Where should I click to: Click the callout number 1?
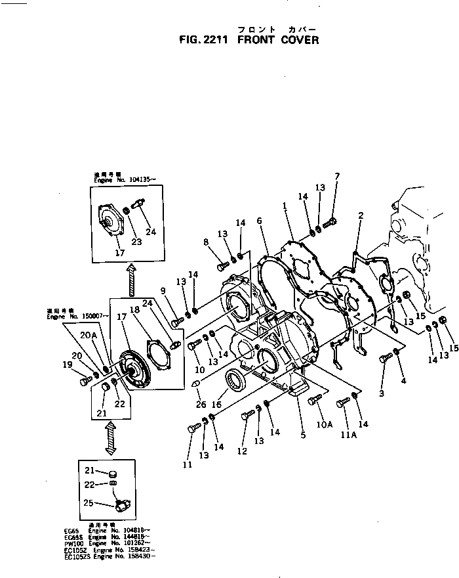[285, 206]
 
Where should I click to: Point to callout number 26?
[200, 404]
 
